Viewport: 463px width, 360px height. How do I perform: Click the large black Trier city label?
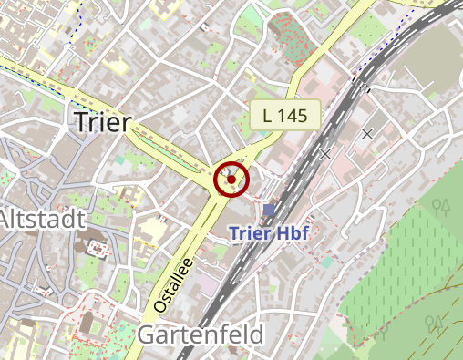coord(101,122)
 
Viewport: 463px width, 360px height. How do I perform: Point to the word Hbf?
coord(293,233)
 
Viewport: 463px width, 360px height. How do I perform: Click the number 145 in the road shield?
coord(296,115)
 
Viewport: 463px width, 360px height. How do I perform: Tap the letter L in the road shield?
coord(267,115)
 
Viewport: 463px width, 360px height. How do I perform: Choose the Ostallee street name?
coord(173,285)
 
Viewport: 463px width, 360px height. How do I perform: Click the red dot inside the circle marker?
coord(231,180)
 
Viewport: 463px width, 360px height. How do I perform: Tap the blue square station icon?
coord(268,210)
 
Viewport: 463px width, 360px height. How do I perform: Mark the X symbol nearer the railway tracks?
coord(325,154)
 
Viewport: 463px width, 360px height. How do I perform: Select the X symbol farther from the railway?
coord(367,134)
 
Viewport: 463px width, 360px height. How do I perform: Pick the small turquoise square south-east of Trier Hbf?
coord(326,262)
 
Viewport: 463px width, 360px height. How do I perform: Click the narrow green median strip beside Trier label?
coord(173,153)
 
